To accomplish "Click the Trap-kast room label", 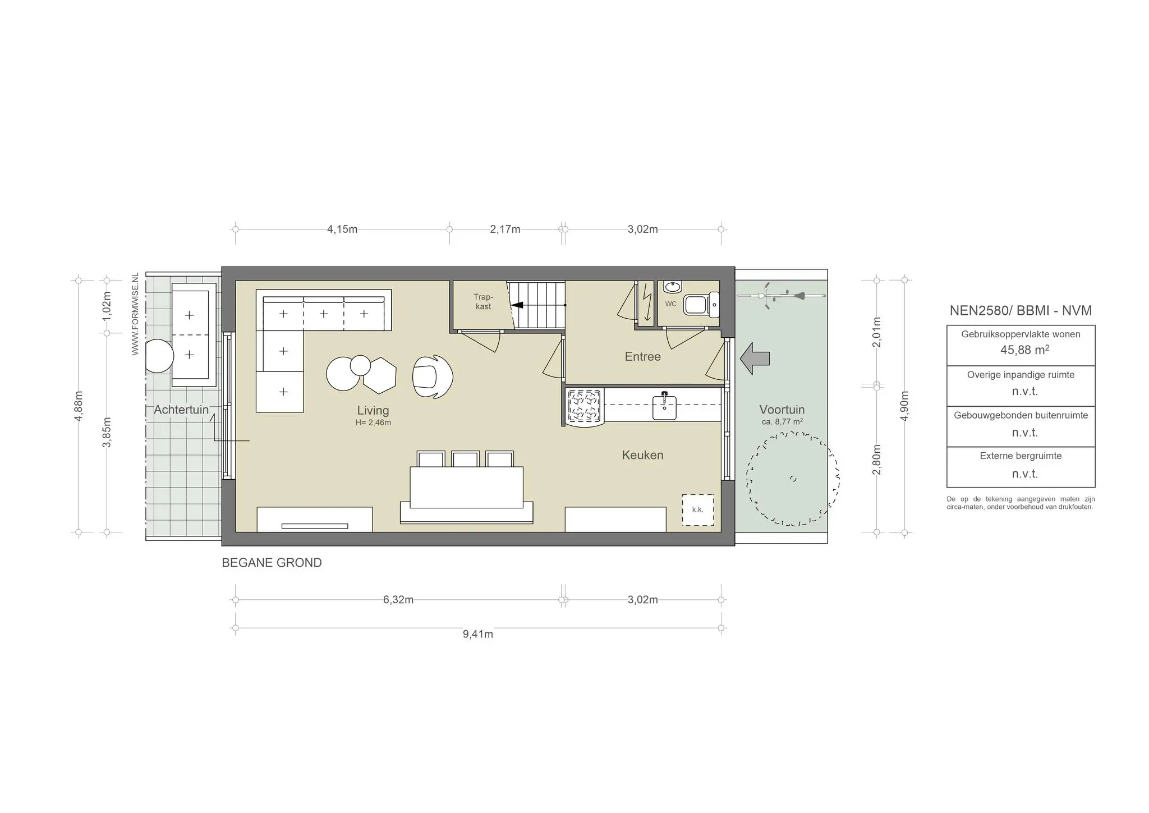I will pos(482,301).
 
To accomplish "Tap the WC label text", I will pos(670,304).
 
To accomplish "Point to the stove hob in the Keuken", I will pos(583,406).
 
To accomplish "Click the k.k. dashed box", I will pos(697,509).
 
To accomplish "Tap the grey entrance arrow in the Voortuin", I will pos(755,358).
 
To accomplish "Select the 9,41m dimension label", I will pos(477,634).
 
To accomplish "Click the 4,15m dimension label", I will pos(342,229).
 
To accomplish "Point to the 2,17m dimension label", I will pos(505,229).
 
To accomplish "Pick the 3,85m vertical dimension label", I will pos(107,432).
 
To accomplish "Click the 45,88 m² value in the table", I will pos(1024,350).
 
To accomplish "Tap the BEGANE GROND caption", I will pos(272,563).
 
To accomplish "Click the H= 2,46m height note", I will pos(373,422).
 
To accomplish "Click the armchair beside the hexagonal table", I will pos(432,376).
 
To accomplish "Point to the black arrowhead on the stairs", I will pos(517,305).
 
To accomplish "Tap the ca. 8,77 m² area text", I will pos(782,422).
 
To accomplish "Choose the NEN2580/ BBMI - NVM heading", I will pos(1020,310).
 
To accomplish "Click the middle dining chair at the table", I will pos(466,459).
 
